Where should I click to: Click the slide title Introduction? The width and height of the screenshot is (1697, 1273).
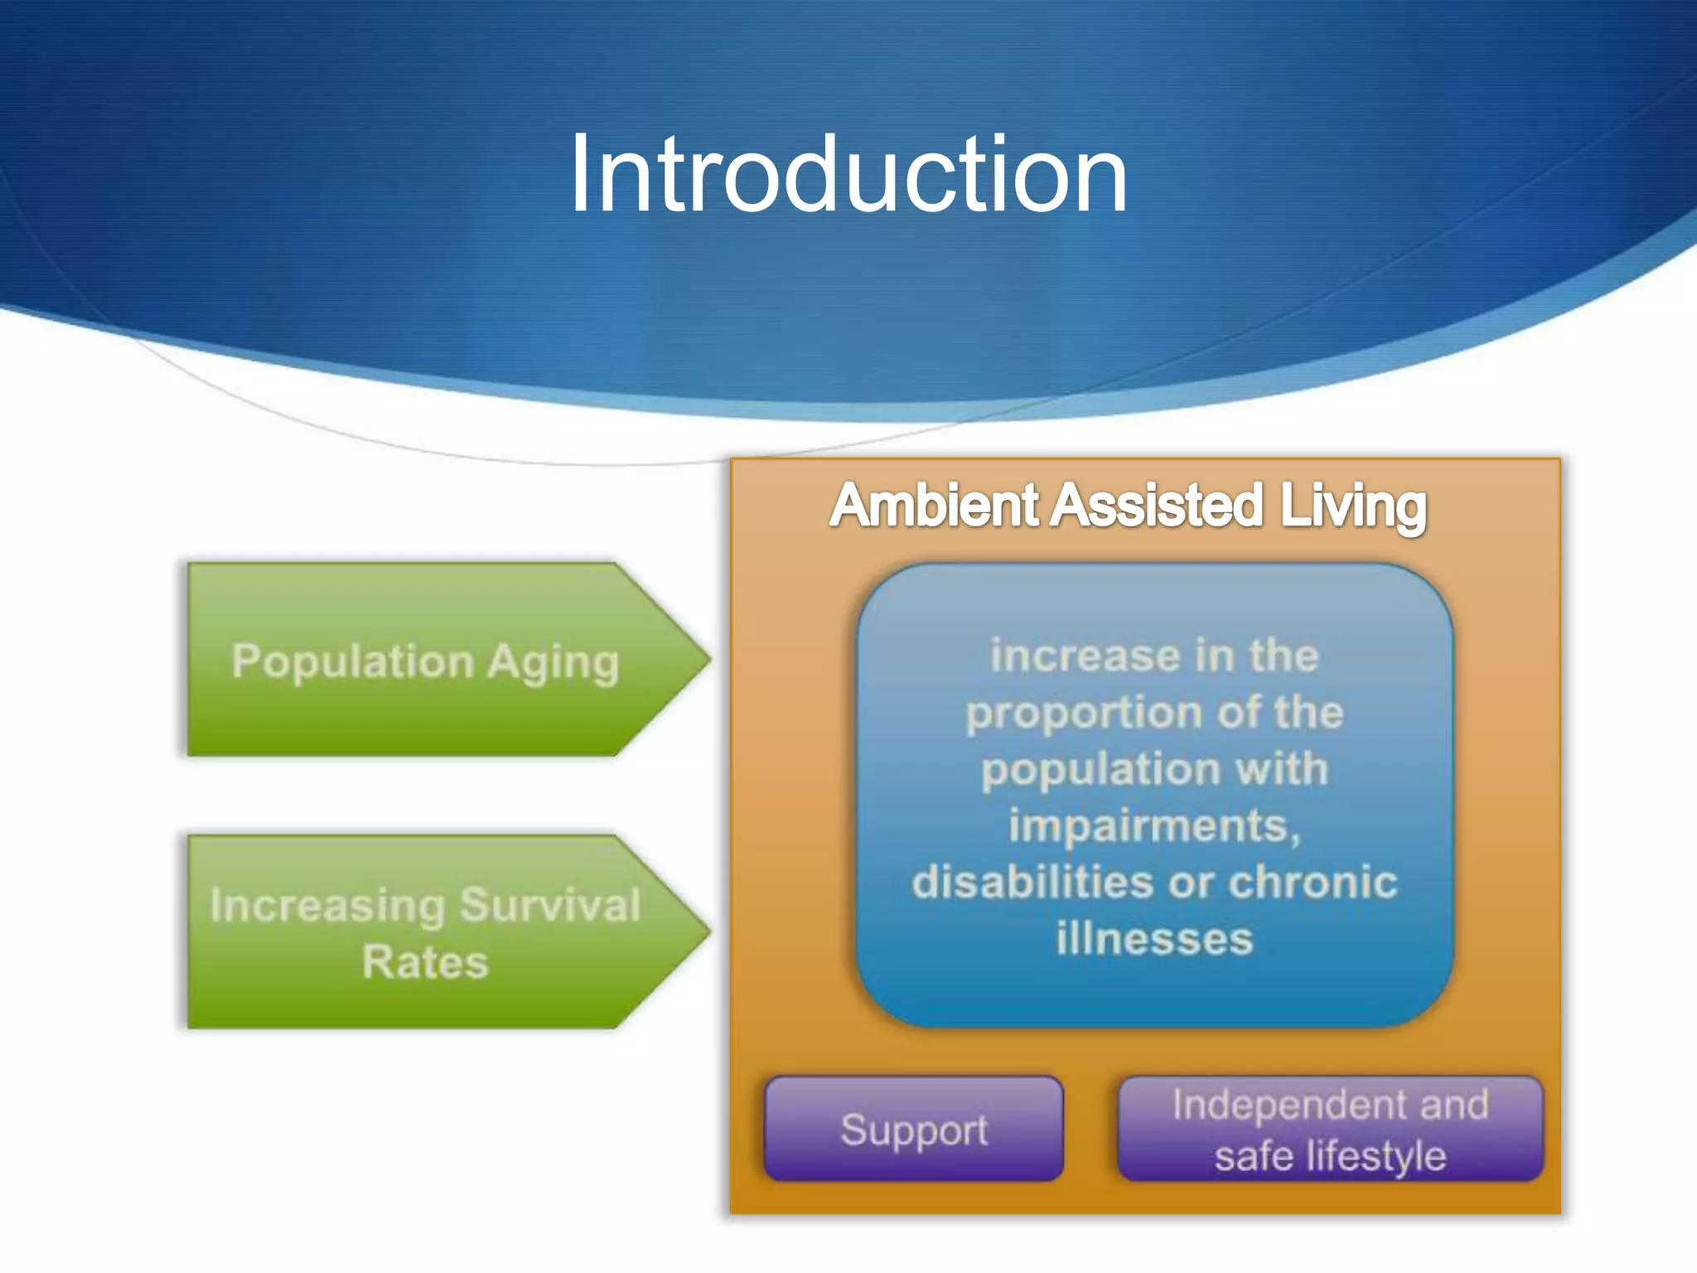848,176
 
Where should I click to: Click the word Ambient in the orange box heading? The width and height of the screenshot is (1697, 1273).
934,506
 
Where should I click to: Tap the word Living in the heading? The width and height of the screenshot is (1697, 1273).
1352,506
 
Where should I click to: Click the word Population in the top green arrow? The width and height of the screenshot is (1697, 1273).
353,662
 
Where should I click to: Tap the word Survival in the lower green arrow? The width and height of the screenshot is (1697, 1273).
550,904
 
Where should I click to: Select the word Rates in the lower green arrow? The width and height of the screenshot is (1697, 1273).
425,962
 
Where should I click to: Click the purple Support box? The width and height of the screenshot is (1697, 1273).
913,1130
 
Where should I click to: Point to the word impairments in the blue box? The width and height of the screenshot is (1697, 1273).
1153,826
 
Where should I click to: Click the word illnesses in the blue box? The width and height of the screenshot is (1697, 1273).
1154,939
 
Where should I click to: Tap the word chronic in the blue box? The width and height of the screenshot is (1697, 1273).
1313,882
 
